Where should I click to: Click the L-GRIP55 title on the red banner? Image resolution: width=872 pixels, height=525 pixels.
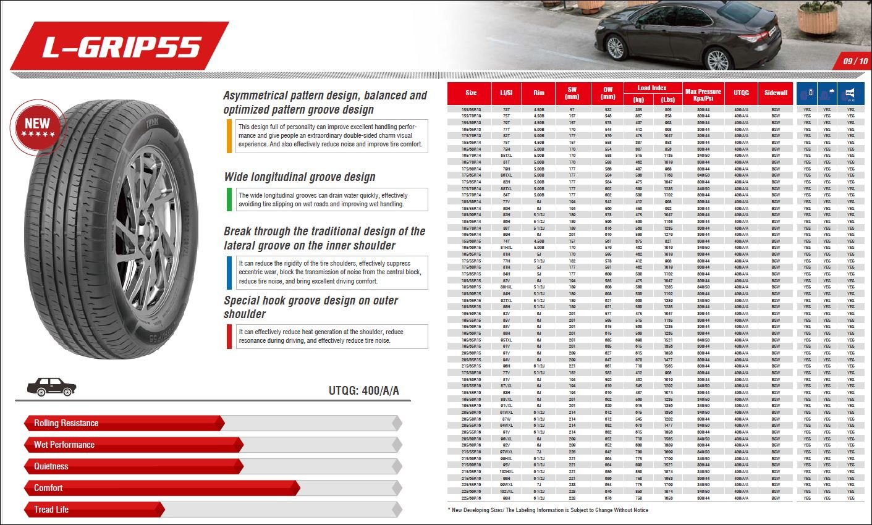point(122,48)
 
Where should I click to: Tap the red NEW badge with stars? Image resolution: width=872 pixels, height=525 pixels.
point(37,127)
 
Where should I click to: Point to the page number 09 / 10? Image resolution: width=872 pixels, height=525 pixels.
point(855,61)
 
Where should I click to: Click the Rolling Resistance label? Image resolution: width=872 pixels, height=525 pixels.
point(66,423)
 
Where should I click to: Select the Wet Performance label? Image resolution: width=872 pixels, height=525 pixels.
point(64,445)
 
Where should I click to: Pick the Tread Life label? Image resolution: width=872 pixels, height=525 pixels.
point(51,510)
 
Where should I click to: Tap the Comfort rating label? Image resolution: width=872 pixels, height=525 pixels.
point(48,488)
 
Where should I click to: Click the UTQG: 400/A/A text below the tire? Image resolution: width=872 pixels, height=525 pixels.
point(364,391)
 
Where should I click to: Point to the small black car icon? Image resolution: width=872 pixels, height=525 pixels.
point(51,387)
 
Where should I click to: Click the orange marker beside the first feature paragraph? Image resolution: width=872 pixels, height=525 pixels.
point(229,136)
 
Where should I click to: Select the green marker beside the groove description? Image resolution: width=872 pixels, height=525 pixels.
point(229,199)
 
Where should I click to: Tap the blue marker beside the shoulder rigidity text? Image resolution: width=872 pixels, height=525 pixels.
point(229,272)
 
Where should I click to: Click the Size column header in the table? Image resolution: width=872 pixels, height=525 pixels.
point(471,93)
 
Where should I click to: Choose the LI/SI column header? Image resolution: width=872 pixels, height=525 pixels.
point(506,93)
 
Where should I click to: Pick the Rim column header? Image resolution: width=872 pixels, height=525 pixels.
point(539,93)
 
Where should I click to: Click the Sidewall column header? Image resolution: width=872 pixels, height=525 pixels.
point(776,93)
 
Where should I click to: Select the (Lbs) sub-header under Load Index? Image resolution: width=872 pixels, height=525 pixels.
point(668,99)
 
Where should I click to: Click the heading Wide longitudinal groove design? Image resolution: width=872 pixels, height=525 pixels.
point(300,177)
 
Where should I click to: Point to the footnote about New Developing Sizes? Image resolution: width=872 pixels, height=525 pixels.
point(548,510)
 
